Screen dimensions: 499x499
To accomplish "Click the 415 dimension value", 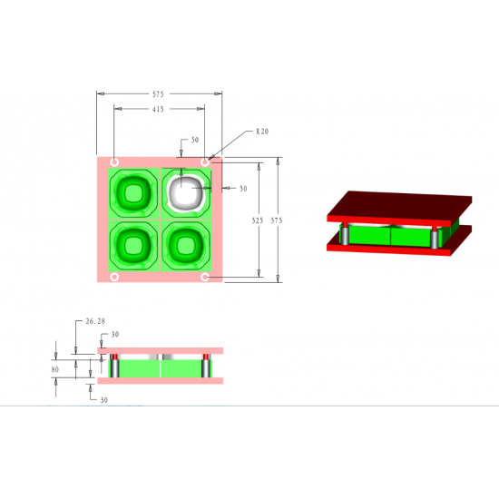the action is [x=158, y=109].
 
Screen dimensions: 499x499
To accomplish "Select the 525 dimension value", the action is [x=258, y=220].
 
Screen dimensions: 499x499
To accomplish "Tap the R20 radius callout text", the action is [x=262, y=132].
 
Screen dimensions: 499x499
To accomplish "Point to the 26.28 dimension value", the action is [x=95, y=321].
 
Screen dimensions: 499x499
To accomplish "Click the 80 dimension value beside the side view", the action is [x=55, y=369].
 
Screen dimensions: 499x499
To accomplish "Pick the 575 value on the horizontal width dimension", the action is [x=158, y=94].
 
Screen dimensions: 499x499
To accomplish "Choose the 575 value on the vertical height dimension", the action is [x=277, y=220].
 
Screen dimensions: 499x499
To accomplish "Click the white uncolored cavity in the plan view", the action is [x=185, y=193].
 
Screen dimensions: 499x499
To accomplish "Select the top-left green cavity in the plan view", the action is [x=133, y=193].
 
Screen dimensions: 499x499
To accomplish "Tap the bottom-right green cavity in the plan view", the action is [x=186, y=246].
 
